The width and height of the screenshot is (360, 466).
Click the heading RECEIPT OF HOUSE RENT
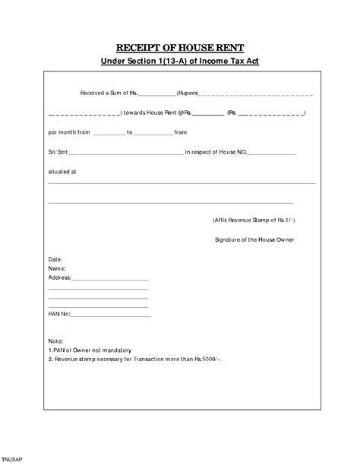[x=181, y=46]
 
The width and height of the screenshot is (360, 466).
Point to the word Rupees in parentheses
[x=188, y=93]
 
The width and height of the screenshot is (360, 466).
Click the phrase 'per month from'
[x=69, y=132]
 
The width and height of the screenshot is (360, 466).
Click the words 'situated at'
[x=62, y=172]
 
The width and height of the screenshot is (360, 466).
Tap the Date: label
[x=55, y=260]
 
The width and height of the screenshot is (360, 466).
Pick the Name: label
[x=57, y=268]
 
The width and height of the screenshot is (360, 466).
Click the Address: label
[x=59, y=277]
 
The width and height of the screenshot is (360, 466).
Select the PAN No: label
[x=59, y=313]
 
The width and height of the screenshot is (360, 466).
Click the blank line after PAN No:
[x=111, y=315]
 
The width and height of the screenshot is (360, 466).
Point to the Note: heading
[x=55, y=342]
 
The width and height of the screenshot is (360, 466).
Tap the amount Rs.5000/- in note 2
[x=207, y=359]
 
